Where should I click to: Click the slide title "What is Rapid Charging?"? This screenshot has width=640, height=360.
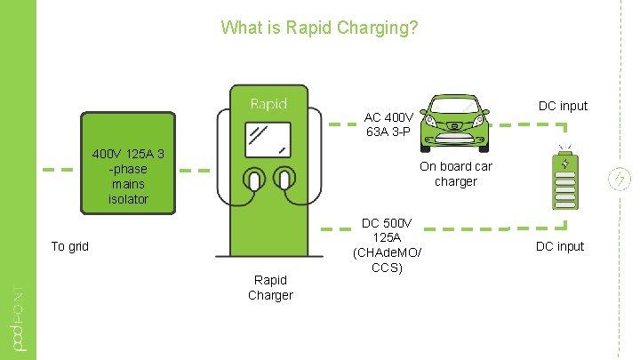tap(319, 28)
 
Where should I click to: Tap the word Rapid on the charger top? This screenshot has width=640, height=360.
tap(268, 104)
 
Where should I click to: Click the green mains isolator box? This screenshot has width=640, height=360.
tap(128, 164)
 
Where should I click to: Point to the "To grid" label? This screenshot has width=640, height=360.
tap(69, 246)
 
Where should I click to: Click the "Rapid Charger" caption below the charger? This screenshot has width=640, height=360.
tap(270, 287)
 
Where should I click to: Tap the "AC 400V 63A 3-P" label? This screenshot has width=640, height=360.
tap(388, 124)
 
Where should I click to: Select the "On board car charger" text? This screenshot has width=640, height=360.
tap(456, 173)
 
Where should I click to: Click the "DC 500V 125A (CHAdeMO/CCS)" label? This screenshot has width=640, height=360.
tap(388, 244)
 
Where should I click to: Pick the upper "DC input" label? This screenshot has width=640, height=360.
tap(564, 106)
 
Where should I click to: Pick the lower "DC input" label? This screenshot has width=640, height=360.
tap(559, 246)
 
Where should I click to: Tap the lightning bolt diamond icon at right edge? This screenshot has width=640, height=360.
tap(618, 179)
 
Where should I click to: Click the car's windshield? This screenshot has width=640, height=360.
tap(455, 108)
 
